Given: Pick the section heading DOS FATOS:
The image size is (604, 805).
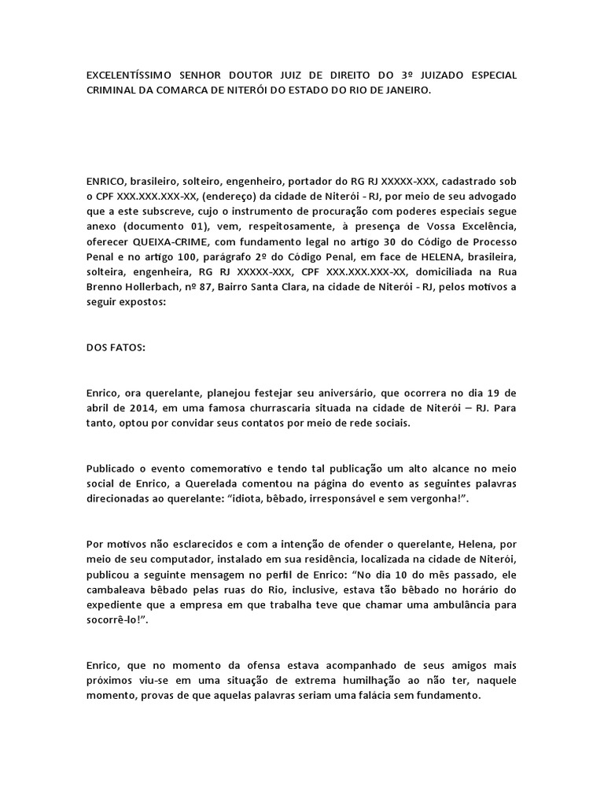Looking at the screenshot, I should [x=116, y=347].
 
